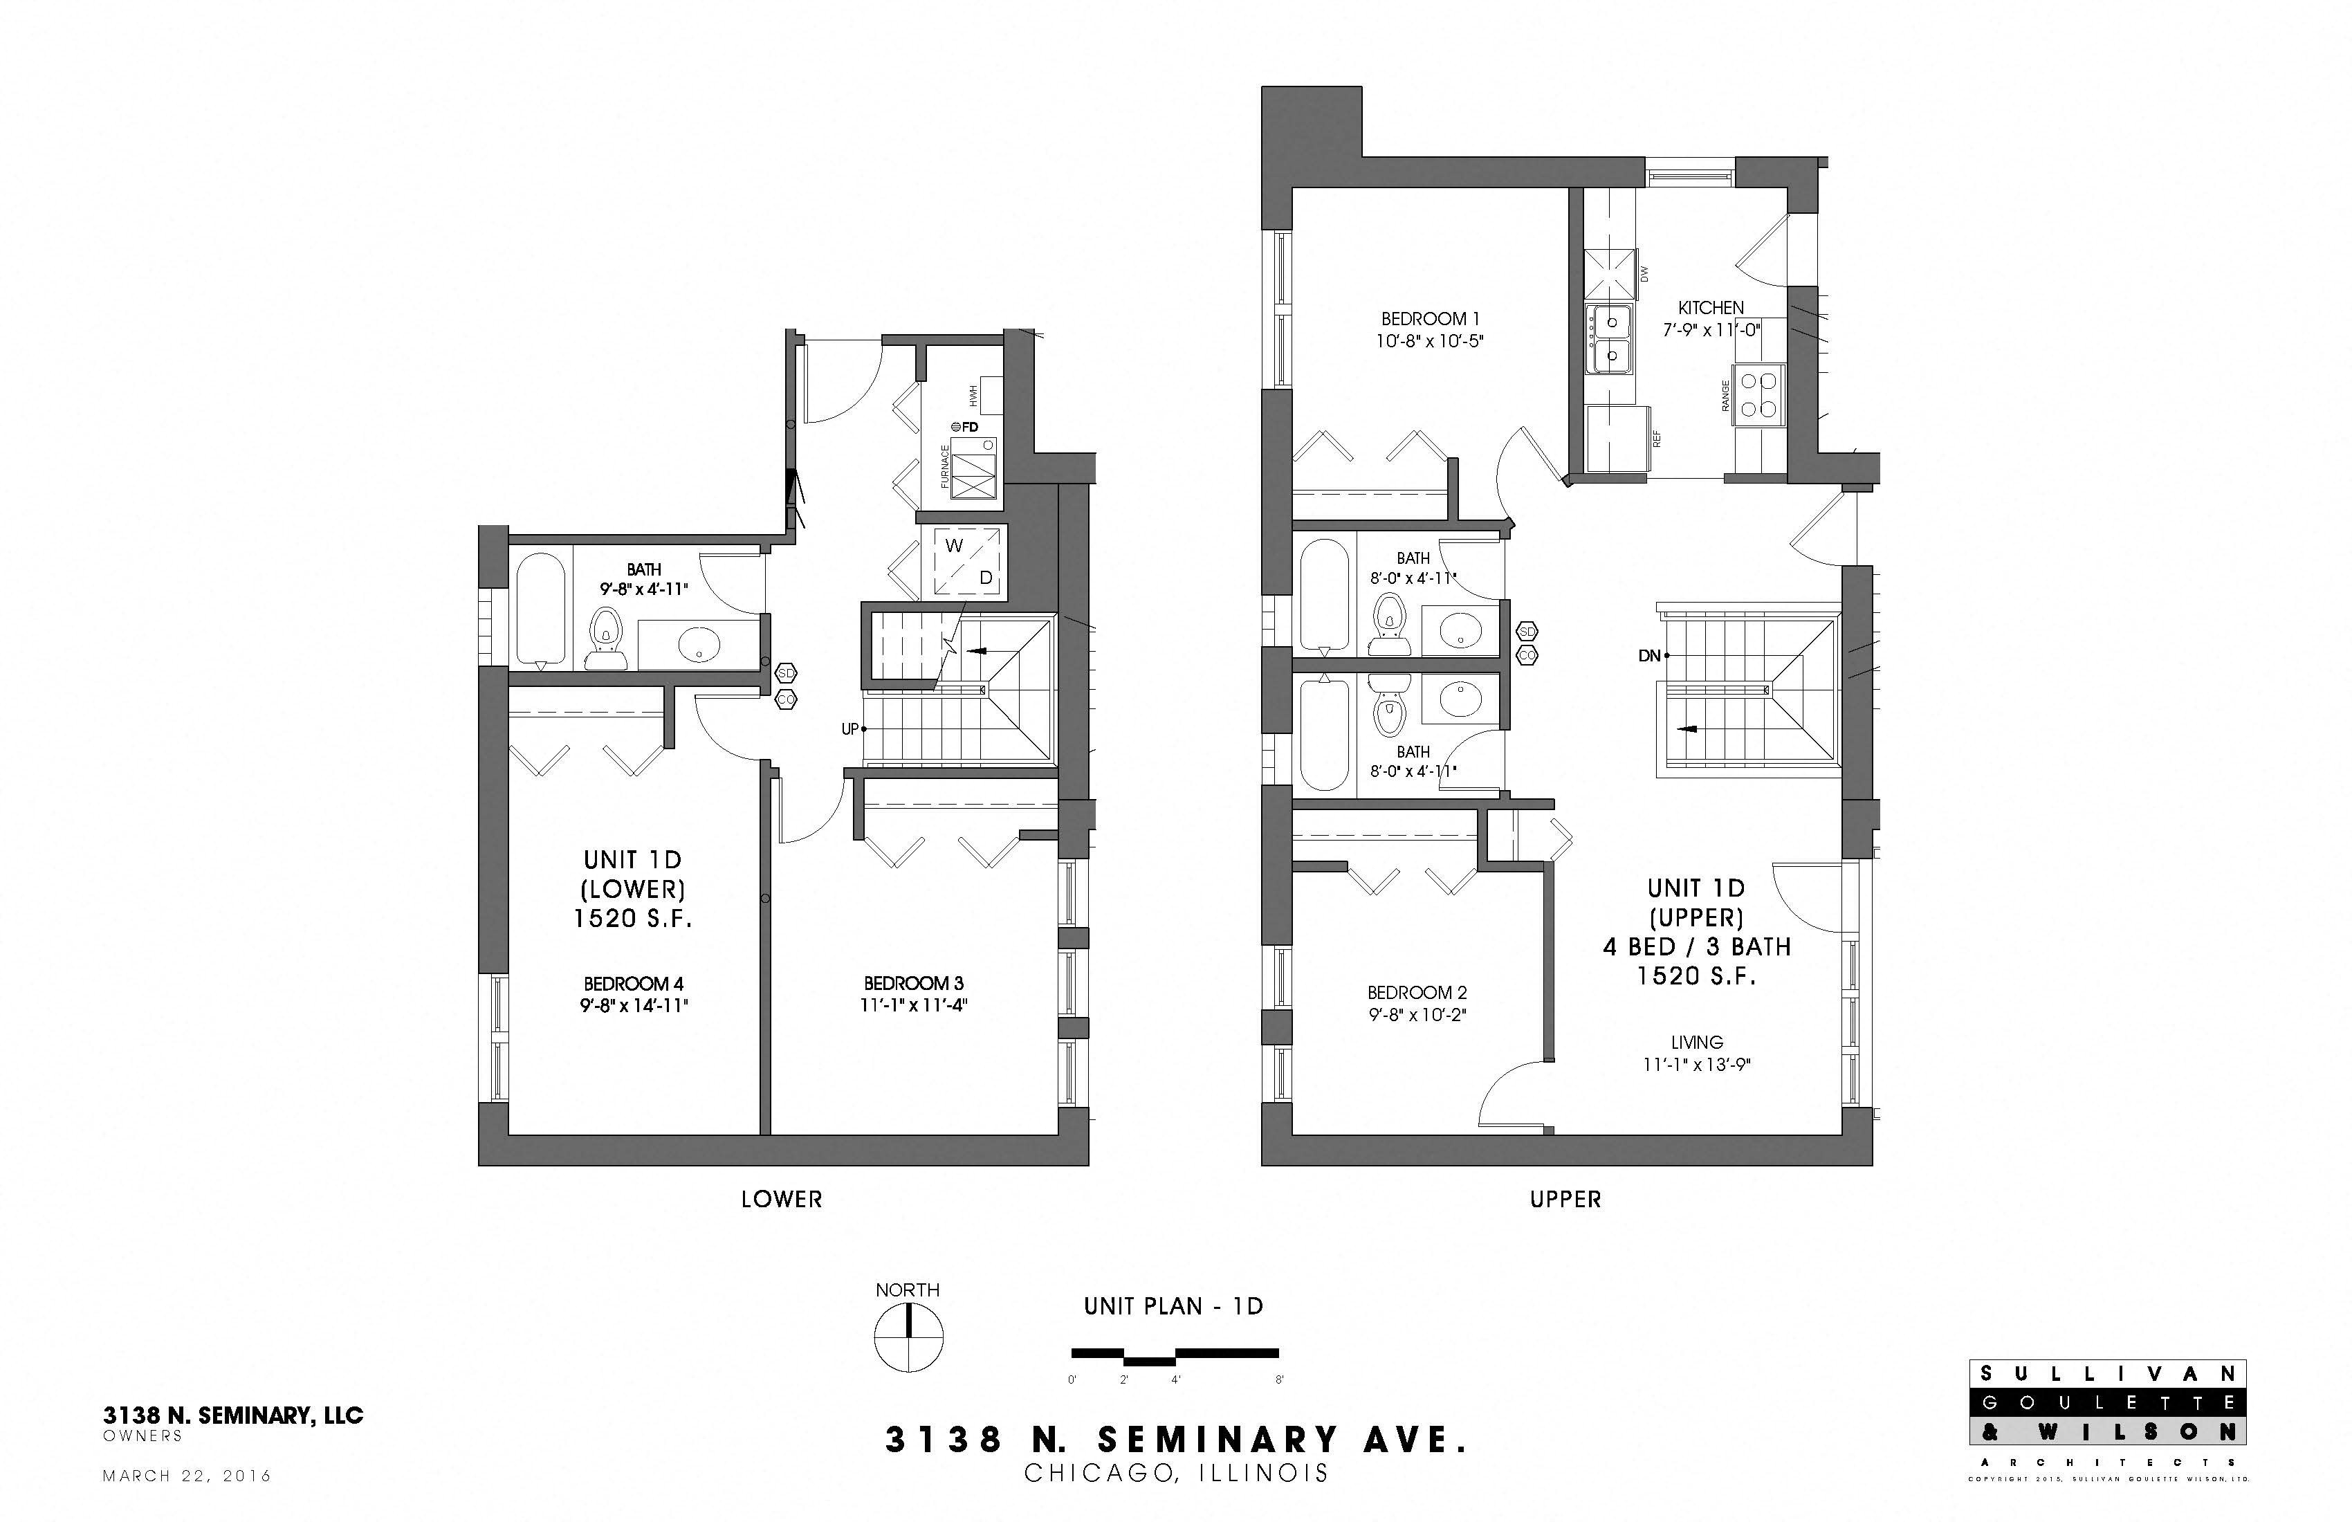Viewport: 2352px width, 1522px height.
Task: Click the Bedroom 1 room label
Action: point(1429,319)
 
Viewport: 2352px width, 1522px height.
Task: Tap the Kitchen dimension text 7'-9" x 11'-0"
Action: point(1711,330)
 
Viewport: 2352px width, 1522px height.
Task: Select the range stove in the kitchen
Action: point(1760,395)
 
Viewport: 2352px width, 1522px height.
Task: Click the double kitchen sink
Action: point(1610,339)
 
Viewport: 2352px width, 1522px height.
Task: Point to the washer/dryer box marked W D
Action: point(964,561)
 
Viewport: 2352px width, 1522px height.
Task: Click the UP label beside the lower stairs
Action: point(849,729)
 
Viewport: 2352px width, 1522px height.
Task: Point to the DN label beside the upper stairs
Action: point(1648,655)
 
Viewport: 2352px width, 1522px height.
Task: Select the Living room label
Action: point(1697,1042)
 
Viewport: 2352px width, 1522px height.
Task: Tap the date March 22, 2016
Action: point(187,1476)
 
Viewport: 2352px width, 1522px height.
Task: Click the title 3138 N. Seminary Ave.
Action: point(1175,1440)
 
